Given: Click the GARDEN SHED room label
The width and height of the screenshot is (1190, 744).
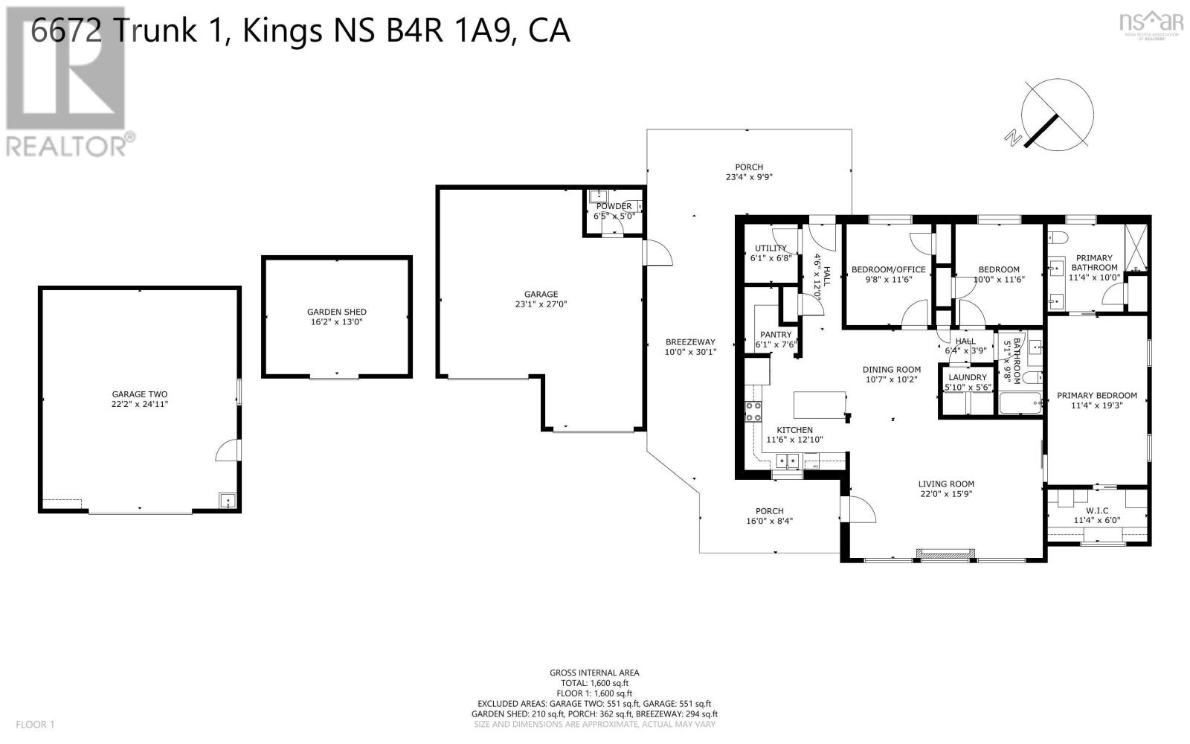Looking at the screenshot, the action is coord(337,312).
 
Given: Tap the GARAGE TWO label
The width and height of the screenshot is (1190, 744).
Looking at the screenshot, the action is coord(140,394).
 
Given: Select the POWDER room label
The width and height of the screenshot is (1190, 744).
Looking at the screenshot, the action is coord(614,206).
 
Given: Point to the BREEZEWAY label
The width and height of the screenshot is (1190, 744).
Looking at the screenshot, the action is coord(691,342).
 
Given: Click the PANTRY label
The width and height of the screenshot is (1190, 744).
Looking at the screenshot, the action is coord(776,335).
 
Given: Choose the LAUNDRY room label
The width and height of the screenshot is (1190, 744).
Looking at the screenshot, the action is coord(968,377).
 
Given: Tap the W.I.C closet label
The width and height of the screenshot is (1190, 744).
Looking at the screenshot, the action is coord(1098,510).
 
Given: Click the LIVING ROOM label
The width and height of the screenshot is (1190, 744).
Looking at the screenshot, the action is coord(946,484).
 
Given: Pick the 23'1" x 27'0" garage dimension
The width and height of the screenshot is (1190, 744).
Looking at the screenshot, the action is coord(541,304).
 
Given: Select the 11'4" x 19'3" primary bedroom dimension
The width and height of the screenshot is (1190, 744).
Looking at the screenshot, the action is coord(1096,405).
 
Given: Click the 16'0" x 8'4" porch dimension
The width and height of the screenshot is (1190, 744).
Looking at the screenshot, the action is coord(769,522).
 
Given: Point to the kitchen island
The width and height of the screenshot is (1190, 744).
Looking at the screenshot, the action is coord(820,405).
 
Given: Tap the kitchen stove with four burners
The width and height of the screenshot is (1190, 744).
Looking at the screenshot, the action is coord(753,412).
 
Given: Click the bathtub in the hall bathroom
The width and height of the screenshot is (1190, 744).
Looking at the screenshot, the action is coord(1020,403).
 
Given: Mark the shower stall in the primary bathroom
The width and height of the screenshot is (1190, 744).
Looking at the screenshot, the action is coord(1136,248).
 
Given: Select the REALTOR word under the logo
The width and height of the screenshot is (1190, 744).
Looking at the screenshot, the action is coord(67,146).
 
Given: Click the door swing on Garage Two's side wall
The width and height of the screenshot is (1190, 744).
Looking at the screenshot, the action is coord(228,450).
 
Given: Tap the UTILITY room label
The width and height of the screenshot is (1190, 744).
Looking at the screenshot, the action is coord(771,248).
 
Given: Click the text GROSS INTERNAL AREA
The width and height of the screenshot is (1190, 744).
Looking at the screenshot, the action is coord(594,673).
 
